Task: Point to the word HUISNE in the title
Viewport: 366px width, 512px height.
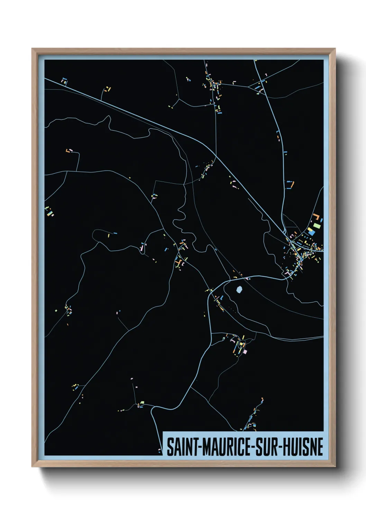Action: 304,447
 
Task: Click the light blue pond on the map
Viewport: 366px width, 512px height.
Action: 239,289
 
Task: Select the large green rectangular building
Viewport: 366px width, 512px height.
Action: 316,227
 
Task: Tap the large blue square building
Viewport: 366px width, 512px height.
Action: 312,233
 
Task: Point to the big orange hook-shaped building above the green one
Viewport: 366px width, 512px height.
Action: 316,218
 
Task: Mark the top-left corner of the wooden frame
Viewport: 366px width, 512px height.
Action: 32,49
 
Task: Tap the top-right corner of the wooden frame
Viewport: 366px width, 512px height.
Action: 335,49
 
